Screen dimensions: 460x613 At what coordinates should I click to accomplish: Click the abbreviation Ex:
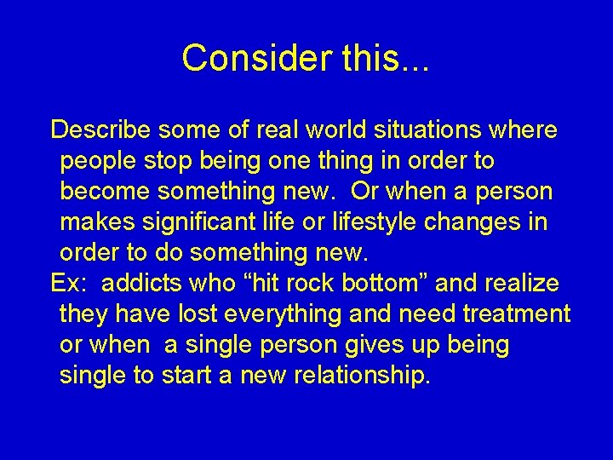70,284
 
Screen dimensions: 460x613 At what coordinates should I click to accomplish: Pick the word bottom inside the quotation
381,284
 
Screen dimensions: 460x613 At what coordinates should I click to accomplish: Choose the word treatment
517,314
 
